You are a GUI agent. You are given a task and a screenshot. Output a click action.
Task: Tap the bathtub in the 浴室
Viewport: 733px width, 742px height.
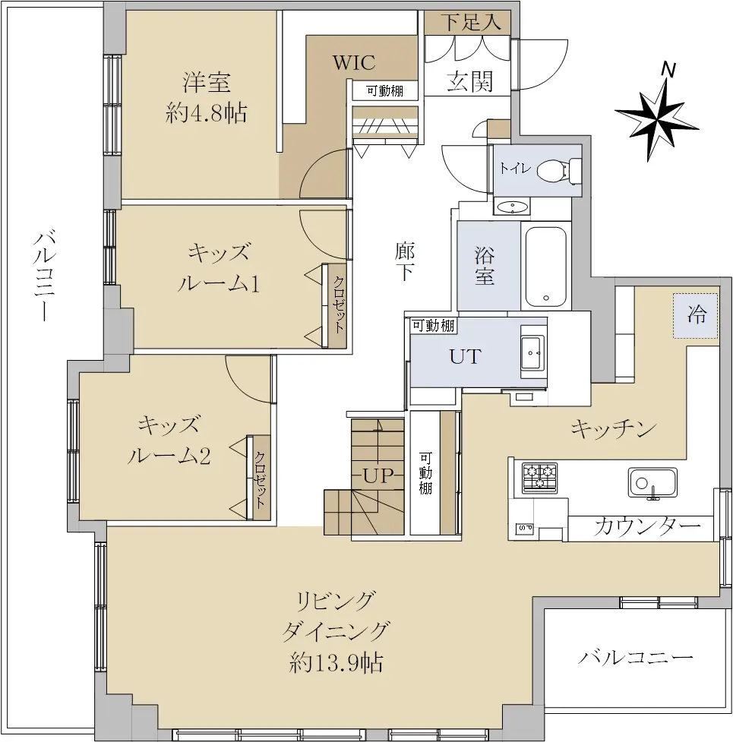click(x=546, y=267)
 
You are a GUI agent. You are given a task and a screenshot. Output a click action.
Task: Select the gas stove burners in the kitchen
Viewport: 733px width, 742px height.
click(x=539, y=478)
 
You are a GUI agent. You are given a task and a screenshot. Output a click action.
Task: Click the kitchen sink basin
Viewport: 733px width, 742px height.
click(x=652, y=483)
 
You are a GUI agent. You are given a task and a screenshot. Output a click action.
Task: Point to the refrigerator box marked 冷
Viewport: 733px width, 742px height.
click(x=696, y=316)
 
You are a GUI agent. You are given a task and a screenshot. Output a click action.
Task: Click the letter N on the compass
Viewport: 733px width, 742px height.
click(x=668, y=69)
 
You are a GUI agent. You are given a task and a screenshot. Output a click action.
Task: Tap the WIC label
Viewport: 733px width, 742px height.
click(x=354, y=62)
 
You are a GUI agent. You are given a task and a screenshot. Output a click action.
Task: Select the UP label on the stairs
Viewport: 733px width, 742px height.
click(x=378, y=475)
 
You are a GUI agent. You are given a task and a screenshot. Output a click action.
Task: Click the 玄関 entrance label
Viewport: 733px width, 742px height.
click(x=470, y=81)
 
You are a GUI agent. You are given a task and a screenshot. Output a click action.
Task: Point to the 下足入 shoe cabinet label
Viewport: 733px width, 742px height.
click(x=471, y=22)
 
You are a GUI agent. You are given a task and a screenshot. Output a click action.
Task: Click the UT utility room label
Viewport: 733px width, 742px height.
click(x=466, y=356)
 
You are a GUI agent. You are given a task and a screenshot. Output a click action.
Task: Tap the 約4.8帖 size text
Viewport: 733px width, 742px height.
click(x=207, y=114)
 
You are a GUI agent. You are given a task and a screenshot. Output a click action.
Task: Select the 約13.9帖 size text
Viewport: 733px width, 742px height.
click(x=336, y=662)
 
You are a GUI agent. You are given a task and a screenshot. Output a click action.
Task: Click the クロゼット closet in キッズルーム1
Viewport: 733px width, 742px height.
click(x=338, y=305)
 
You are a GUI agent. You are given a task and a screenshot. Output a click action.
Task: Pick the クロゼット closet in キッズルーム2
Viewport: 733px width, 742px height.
click(x=261, y=478)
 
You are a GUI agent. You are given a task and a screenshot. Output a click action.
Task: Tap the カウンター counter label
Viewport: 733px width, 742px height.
click(x=647, y=526)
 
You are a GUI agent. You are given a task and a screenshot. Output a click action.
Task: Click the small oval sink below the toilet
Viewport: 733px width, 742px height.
click(x=512, y=207)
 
